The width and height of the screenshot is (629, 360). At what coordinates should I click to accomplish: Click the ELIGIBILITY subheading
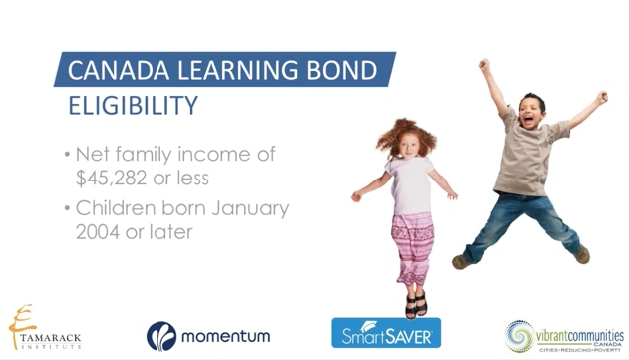(132, 105)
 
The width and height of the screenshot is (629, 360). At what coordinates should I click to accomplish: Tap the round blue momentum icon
(161, 336)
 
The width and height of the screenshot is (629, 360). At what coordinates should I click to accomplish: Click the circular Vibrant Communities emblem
(521, 335)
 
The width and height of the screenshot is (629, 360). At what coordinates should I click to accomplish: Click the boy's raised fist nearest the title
(484, 65)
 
